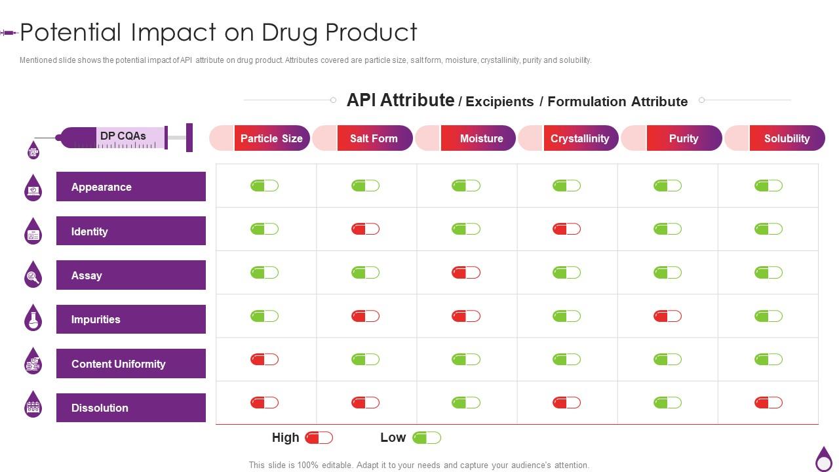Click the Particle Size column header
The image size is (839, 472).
point(271,138)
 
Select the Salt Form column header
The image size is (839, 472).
point(374,138)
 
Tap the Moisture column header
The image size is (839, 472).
point(481,138)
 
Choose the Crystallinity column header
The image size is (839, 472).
point(579,138)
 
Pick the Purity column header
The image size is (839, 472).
point(683,138)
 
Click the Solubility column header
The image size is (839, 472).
point(787,138)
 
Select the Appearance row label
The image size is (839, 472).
point(130,187)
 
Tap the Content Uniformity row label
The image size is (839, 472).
point(130,364)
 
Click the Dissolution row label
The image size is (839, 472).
point(130,408)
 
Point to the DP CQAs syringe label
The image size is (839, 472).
point(123,136)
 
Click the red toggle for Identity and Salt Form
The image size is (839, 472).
point(365,229)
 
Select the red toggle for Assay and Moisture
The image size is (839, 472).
point(465,272)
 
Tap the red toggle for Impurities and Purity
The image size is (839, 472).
point(667,316)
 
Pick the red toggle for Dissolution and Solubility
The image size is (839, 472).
point(768,403)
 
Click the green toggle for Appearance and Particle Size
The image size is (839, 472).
point(264,186)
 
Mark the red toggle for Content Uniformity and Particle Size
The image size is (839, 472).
point(264,359)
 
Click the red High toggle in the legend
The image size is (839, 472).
point(319,437)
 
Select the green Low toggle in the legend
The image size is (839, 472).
point(427,437)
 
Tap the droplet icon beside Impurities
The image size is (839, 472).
point(33,318)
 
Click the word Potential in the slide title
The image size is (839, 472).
point(71,32)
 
